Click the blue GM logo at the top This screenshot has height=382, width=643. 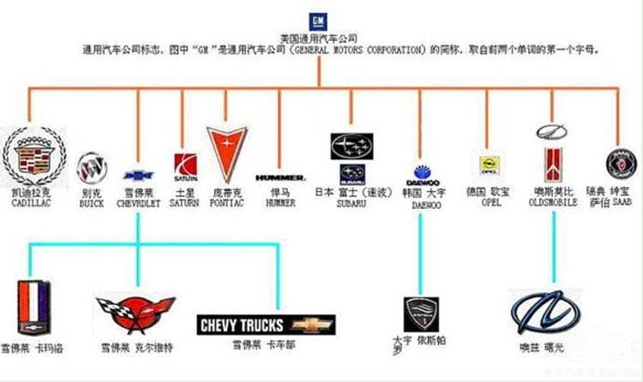[317, 21]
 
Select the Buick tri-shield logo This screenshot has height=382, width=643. [91, 164]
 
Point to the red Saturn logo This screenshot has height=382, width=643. [186, 164]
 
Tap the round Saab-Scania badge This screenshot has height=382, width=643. [618, 163]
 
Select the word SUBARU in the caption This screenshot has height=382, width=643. [351, 204]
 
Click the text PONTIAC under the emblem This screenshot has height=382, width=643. [227, 204]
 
